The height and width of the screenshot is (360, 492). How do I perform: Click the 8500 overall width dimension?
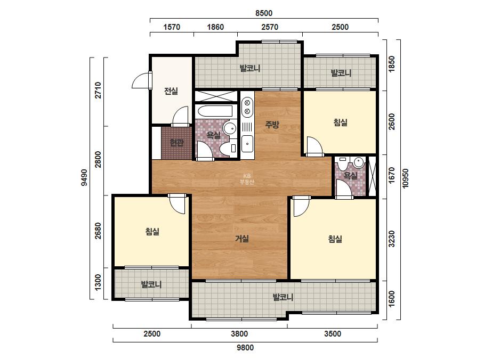click(263, 13)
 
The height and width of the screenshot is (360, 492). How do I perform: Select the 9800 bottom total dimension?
click(245, 347)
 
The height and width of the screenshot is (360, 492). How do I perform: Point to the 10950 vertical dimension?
click(406, 178)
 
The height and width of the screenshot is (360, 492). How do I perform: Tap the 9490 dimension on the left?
click(84, 178)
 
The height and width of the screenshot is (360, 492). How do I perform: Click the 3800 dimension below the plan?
click(239, 334)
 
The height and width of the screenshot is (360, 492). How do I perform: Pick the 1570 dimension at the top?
click(172, 27)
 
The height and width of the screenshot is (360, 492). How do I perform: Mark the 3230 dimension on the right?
click(392, 239)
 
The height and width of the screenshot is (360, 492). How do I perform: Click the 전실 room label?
click(171, 91)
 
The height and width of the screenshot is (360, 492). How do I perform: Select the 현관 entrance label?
click(176, 143)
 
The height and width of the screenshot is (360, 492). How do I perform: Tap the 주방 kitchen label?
click(272, 125)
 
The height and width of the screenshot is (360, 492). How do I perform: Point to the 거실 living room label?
click(242, 239)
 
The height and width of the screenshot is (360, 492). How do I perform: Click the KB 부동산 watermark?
click(247, 179)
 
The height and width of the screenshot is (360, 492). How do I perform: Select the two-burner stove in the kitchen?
click(247, 107)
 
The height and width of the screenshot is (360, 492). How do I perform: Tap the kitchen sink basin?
click(247, 144)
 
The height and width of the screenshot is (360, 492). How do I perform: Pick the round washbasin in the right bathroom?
click(358, 162)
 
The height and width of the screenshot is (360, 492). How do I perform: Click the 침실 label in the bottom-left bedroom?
click(152, 232)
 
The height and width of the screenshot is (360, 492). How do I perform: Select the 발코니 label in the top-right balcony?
click(341, 73)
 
